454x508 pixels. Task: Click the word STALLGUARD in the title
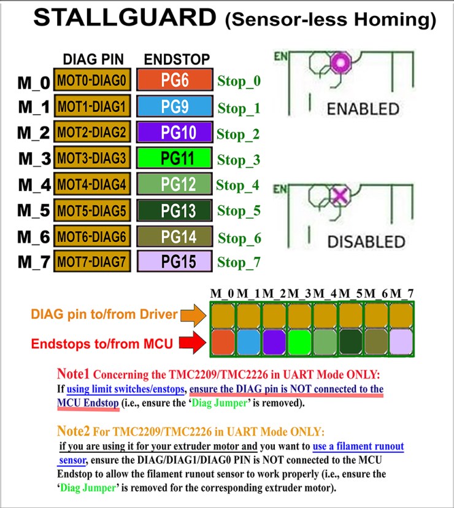pos(125,17)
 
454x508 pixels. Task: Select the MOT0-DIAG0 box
pos(92,80)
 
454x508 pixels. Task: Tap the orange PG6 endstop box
pos(175,80)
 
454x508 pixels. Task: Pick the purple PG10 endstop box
pos(175,132)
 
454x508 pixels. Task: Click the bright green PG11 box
pos(175,158)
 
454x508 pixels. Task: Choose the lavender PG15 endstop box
pos(175,261)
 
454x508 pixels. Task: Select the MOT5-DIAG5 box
pos(92,211)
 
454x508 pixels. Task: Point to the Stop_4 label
pos(237,186)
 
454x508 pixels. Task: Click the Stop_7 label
pos(239,262)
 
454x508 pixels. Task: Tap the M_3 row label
pos(34,158)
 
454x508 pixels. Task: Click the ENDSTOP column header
pos(177,60)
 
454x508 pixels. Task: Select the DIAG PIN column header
pos(93,60)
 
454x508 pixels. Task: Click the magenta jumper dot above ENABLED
pos(340,62)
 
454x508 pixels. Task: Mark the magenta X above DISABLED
pos(340,196)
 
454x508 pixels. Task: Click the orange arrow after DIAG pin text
pos(193,315)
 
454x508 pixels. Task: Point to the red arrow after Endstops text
pos(193,342)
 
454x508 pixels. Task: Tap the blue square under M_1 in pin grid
pos(249,342)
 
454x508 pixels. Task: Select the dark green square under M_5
pos(351,342)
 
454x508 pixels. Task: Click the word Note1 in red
pos(73,374)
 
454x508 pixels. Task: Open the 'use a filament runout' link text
pos(358,447)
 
